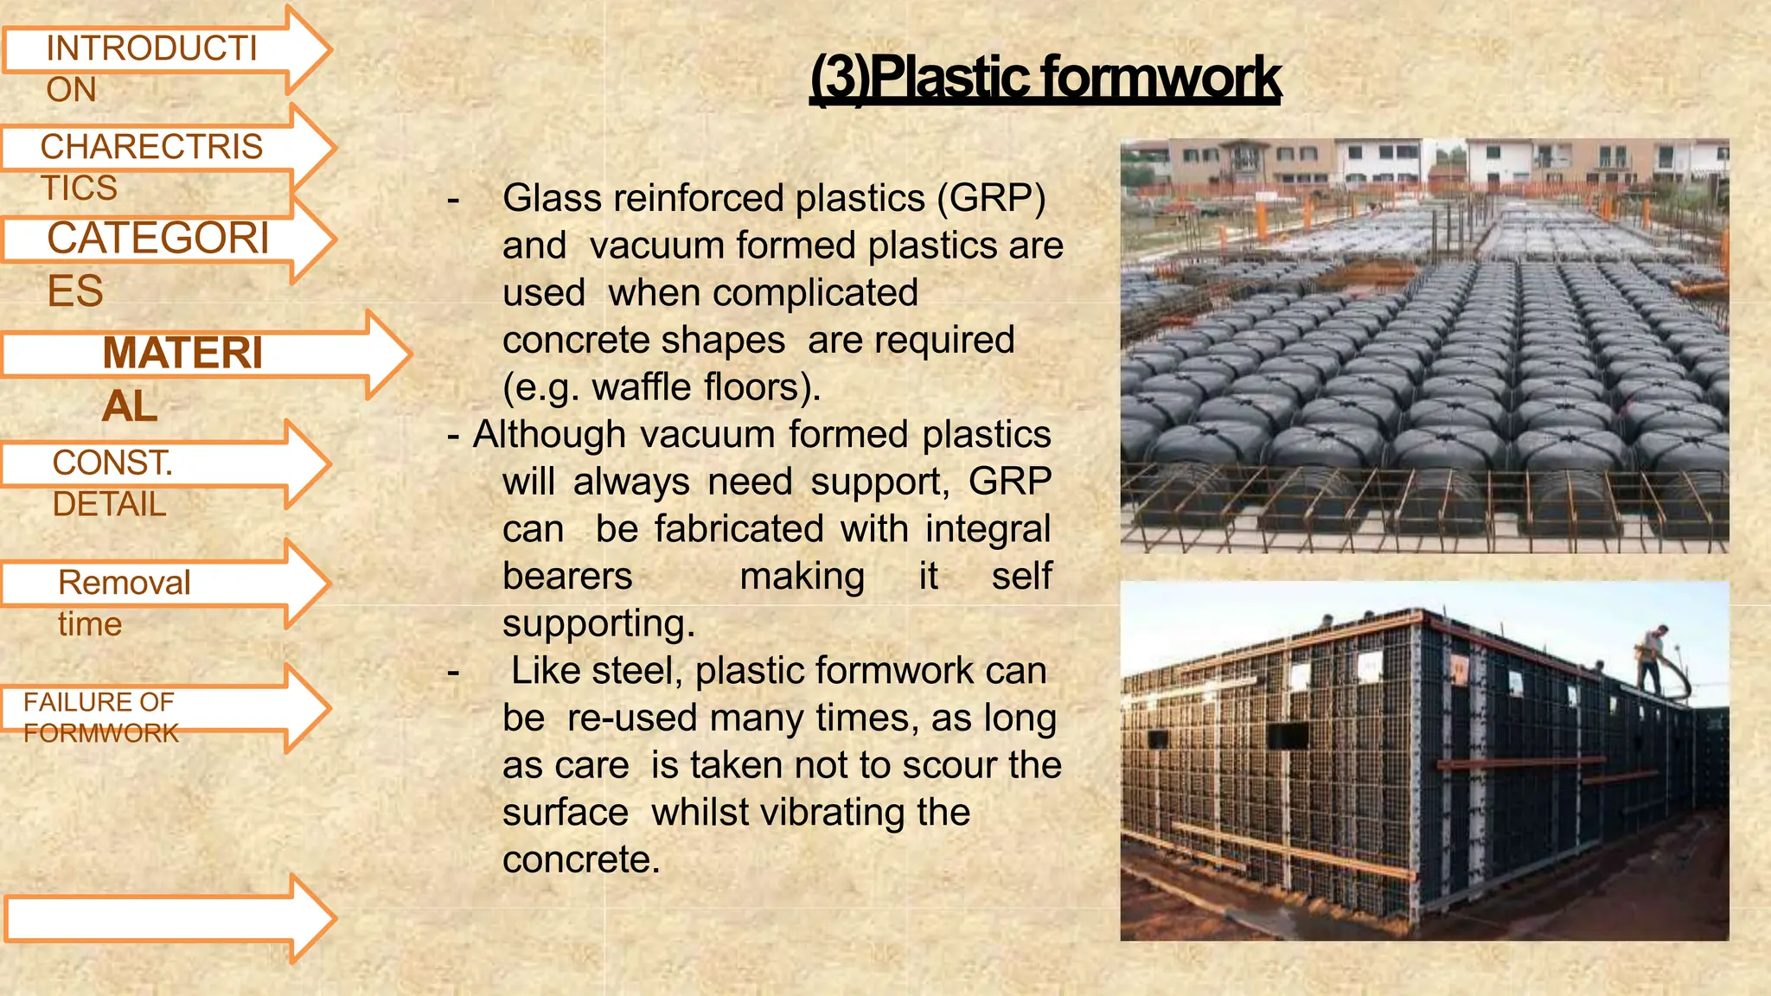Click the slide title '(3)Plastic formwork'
click(1045, 78)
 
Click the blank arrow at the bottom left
click(164, 918)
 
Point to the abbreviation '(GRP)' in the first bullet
click(992, 199)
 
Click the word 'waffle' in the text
click(641, 387)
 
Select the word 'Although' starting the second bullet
click(549, 435)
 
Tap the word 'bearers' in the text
click(567, 577)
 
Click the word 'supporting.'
click(598, 624)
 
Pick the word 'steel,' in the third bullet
click(644, 672)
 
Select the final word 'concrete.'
click(581, 860)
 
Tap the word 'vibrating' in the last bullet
click(812, 814)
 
